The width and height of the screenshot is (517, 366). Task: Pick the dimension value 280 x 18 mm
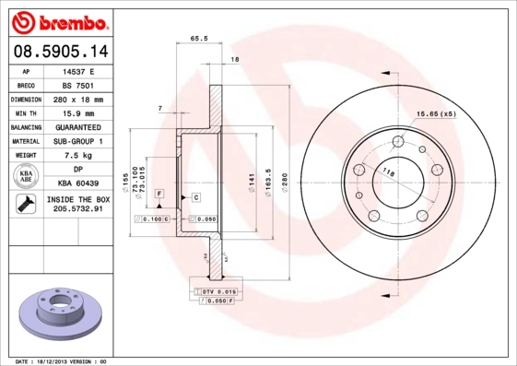point(77,99)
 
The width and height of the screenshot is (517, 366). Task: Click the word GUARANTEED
point(77,127)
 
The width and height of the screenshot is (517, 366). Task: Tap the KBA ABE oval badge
point(27,177)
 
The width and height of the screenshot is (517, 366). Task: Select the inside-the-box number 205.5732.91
point(77,209)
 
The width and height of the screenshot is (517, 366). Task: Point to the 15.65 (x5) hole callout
point(436,113)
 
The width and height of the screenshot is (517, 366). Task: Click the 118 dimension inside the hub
point(388,173)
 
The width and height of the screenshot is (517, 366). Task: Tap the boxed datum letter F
point(159,192)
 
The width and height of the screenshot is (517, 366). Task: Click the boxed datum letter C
point(196,197)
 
